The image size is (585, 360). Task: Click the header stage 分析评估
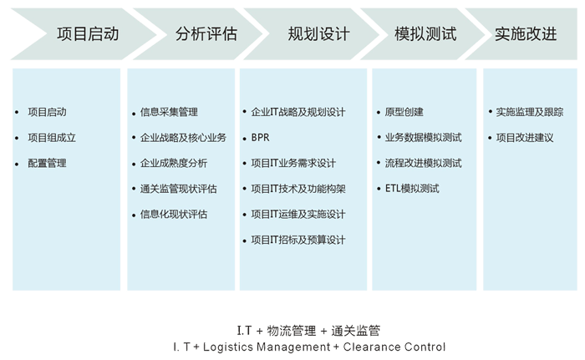pos(206,35)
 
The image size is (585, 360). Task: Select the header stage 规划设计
pos(318,35)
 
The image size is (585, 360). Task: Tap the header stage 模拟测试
pos(425,35)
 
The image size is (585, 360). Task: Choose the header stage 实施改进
pos(526,35)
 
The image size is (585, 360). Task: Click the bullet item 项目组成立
pos(52,138)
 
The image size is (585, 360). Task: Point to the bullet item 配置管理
pos(47,164)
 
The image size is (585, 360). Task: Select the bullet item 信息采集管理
pos(170,112)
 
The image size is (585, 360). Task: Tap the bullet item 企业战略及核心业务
pos(183,138)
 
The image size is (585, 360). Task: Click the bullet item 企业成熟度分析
pos(174,164)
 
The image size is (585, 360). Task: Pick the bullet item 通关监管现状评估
pos(179,189)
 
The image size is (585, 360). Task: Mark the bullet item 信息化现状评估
pos(174,215)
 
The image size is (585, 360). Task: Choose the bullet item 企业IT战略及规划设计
pos(298,112)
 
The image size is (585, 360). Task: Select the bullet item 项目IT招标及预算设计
pos(298,241)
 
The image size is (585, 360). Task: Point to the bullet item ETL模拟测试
pos(412,189)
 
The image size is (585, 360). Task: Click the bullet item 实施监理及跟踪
pos(530,112)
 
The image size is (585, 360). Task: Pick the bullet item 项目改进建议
pos(525,138)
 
